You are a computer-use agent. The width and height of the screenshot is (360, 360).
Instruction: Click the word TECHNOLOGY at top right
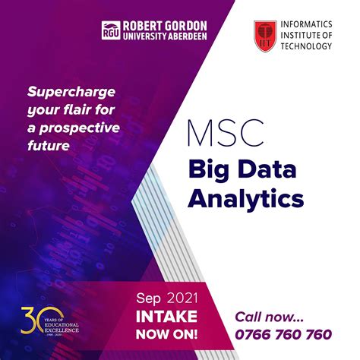306,46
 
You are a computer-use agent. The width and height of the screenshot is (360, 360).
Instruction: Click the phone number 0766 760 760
283,333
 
